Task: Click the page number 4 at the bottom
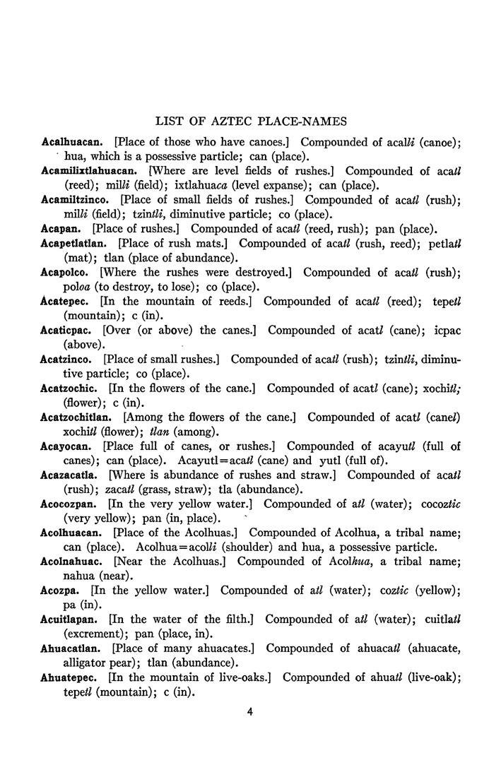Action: pyautogui.click(x=250, y=711)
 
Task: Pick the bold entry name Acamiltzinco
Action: pyautogui.click(x=77, y=200)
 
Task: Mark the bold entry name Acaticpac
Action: pyautogui.click(x=68, y=331)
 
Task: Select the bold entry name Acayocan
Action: pyautogui.click(x=68, y=446)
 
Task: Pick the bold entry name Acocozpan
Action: pyautogui.click(x=71, y=504)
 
